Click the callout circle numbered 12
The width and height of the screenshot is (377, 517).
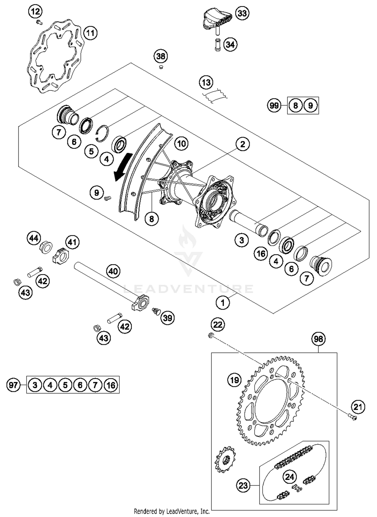[x=35, y=12]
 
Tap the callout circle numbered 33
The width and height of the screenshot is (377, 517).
[x=242, y=13]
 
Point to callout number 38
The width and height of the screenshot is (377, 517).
[x=161, y=56]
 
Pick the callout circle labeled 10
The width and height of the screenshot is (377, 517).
[x=181, y=144]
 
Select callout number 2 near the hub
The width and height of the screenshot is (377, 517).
[x=243, y=144]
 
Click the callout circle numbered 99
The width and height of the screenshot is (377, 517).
[x=274, y=105]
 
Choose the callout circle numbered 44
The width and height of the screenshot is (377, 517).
[x=34, y=238]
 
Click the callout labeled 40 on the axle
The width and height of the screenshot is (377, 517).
[x=113, y=271]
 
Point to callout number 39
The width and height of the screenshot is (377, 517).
[x=168, y=318]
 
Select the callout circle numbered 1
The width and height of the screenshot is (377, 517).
[x=223, y=303]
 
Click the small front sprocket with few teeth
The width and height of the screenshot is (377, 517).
[x=225, y=459]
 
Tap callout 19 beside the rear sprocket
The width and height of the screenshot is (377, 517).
[x=234, y=380]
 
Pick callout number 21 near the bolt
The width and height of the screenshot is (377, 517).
[x=358, y=407]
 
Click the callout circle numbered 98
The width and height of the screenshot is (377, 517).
[x=318, y=339]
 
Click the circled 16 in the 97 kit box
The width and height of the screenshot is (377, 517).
[x=111, y=385]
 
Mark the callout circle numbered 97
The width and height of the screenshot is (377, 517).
[x=13, y=385]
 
